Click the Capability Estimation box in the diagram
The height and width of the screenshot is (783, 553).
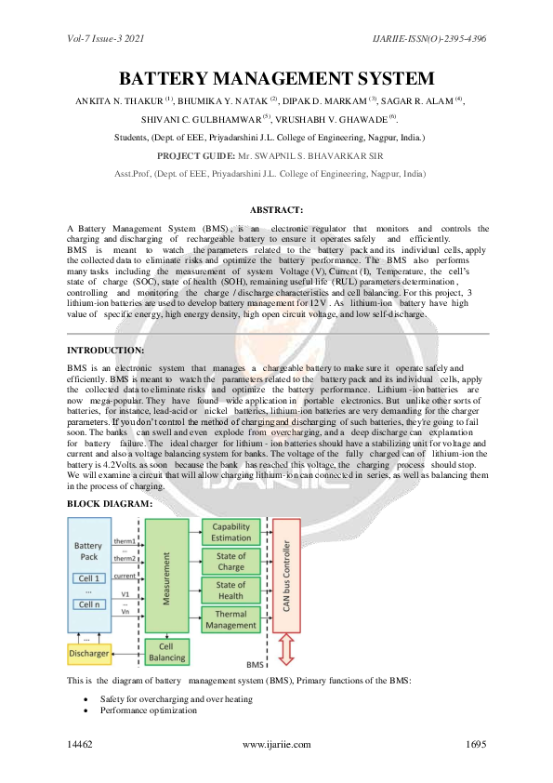point(230,532)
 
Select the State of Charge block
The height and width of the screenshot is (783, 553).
point(230,562)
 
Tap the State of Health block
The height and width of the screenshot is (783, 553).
point(230,591)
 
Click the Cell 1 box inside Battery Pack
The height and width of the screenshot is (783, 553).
point(90,578)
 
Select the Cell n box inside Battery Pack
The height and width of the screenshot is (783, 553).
point(90,604)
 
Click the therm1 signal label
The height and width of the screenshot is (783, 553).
point(125,539)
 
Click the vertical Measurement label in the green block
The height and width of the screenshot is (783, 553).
point(167,577)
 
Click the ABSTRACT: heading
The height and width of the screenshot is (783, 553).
point(276,211)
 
